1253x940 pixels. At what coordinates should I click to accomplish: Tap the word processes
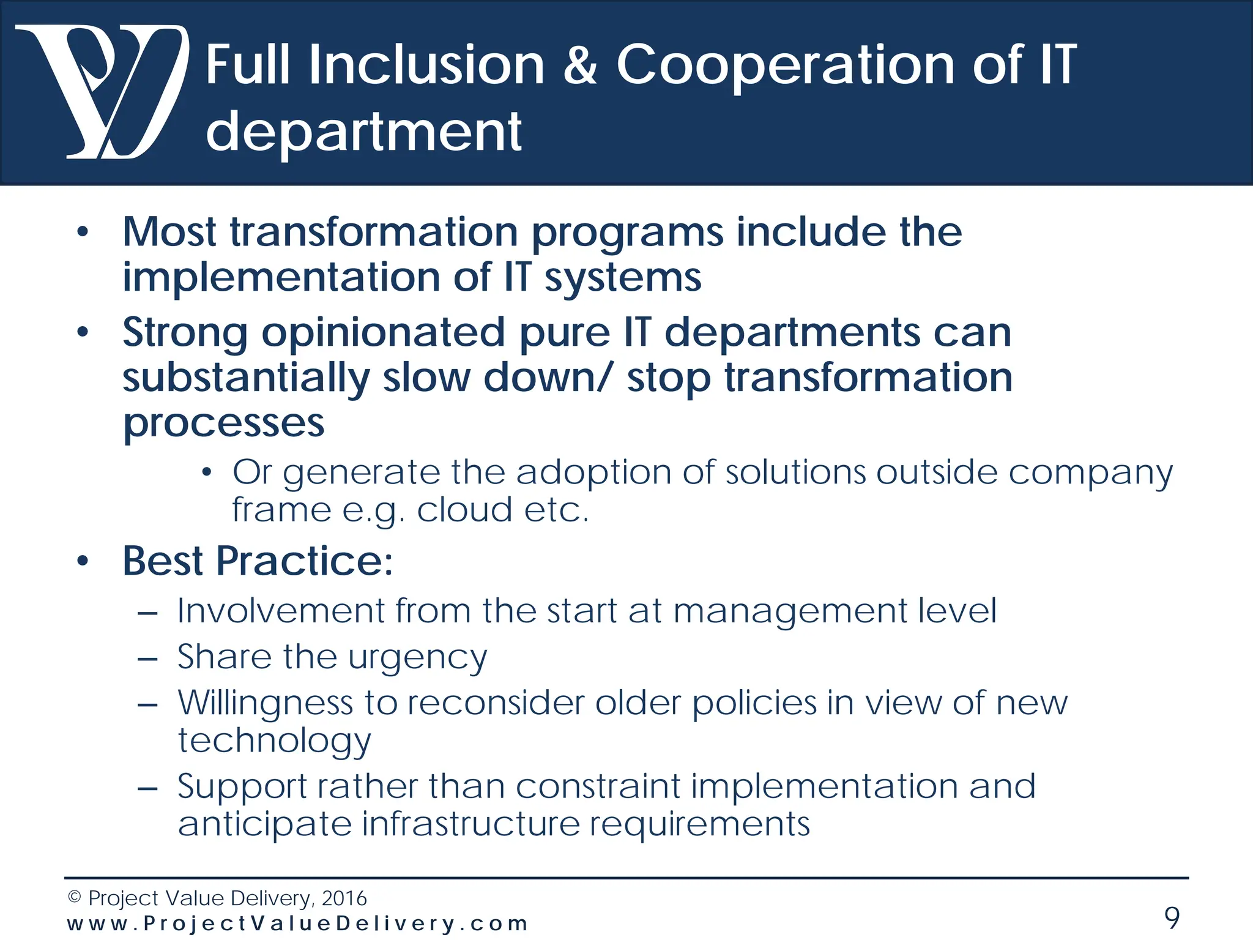pos(223,423)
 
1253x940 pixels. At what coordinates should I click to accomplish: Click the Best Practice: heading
pos(258,561)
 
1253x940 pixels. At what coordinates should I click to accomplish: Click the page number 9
pos(1171,917)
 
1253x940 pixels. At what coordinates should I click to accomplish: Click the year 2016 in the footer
pos(344,898)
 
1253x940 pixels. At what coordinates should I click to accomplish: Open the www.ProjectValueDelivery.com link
pos(297,923)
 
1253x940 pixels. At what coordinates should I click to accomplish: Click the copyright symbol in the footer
pos(75,898)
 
